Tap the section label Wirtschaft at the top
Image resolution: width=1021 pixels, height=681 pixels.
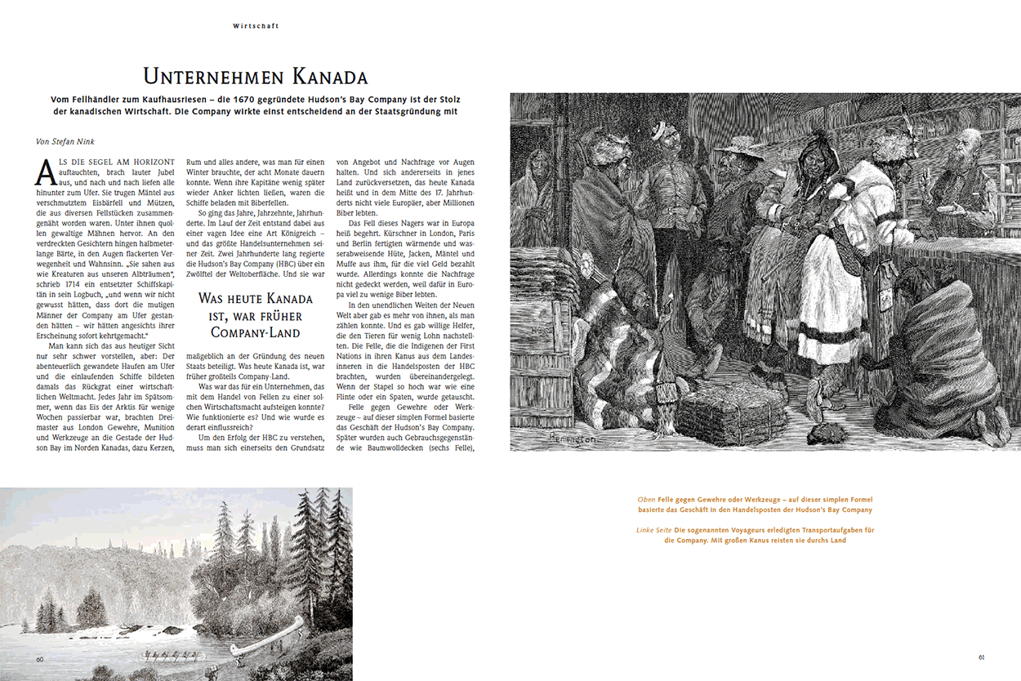tap(256, 26)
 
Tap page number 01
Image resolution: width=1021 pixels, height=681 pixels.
tap(982, 657)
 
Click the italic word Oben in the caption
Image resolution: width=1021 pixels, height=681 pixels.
tap(646, 499)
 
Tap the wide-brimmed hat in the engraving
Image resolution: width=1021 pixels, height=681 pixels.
tap(741, 147)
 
